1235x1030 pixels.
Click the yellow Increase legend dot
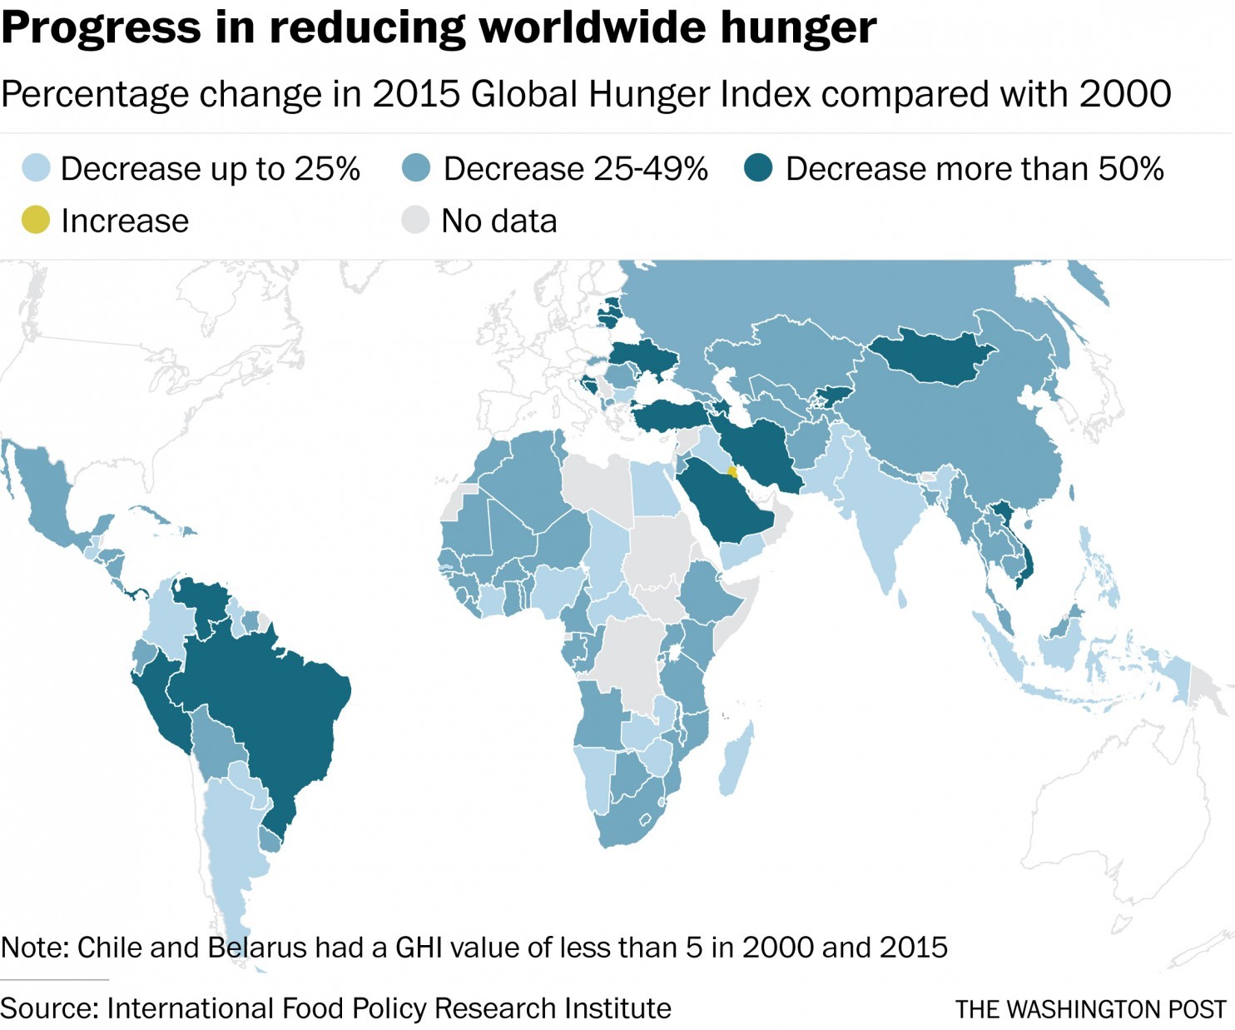click(36, 221)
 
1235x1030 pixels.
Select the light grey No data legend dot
click(415, 221)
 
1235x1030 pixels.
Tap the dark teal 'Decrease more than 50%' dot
click(758, 168)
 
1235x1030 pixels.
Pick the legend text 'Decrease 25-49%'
click(575, 168)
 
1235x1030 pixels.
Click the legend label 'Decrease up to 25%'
click(210, 168)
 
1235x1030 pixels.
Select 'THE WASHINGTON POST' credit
click(1090, 1009)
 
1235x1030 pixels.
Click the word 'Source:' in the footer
click(48, 1008)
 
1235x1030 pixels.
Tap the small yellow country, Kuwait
click(732, 472)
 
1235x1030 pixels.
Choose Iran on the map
click(761, 450)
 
